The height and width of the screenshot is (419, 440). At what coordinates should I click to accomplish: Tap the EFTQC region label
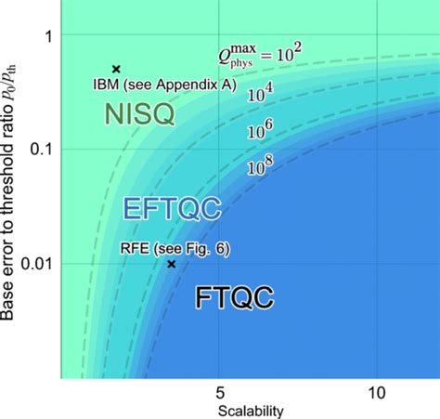[x=172, y=208]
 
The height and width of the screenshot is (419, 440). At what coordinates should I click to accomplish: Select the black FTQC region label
[x=234, y=298]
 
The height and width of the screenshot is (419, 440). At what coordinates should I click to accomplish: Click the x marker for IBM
[x=116, y=69]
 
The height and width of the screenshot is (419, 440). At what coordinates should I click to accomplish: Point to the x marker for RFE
[x=171, y=264]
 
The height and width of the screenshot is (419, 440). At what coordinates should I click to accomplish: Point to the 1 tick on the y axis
[x=49, y=35]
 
